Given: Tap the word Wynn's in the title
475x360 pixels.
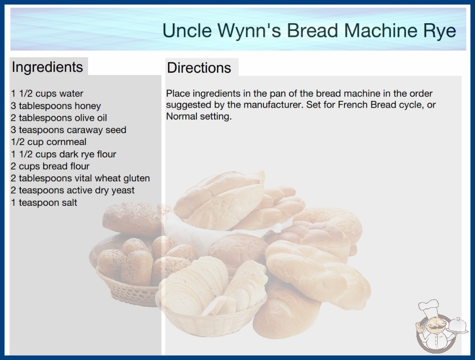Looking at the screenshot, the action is tap(249, 31).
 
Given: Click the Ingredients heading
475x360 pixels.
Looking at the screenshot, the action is tap(47, 67).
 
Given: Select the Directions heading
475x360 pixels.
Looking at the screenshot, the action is tap(199, 68).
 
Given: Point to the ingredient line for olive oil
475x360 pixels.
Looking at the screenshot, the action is tap(59, 118).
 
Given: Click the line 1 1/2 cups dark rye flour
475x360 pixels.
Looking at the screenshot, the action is tap(64, 154).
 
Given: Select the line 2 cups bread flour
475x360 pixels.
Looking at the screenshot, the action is tap(50, 166).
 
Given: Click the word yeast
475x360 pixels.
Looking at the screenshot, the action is tap(123, 191).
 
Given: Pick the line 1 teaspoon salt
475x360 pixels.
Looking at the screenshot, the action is tap(44, 203).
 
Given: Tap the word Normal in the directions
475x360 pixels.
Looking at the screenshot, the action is tap(182, 116).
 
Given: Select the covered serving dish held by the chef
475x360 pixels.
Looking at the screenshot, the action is tap(456, 326).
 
